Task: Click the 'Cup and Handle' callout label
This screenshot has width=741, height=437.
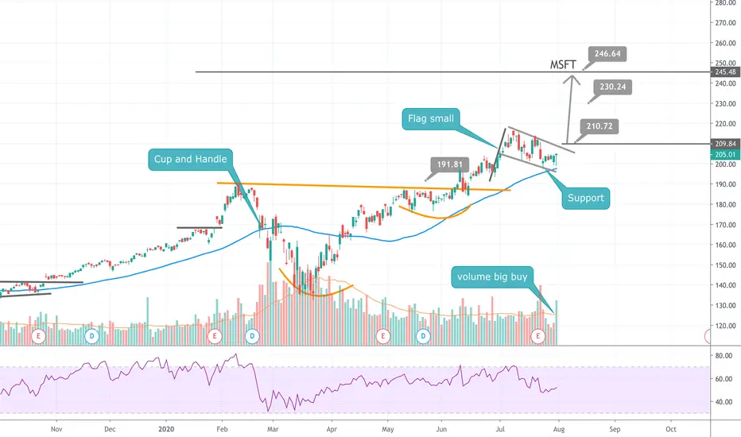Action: [x=191, y=159]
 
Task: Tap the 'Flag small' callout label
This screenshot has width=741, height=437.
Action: [x=430, y=118]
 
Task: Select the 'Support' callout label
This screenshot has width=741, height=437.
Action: [x=585, y=198]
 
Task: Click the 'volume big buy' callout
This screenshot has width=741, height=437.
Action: [x=492, y=277]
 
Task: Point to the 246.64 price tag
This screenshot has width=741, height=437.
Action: [x=607, y=54]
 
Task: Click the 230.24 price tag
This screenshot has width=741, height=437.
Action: [x=612, y=87]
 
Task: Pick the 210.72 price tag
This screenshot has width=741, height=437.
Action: [x=599, y=126]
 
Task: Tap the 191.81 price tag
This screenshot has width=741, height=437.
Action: [x=449, y=164]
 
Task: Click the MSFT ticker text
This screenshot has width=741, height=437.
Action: [x=563, y=64]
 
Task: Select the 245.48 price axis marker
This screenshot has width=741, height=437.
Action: [x=725, y=72]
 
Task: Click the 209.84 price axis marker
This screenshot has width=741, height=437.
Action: [x=725, y=144]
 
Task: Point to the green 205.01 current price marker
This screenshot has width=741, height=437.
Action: [x=725, y=154]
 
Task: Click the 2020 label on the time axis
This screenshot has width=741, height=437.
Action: [x=166, y=429]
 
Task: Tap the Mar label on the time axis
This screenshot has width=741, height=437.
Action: [x=273, y=429]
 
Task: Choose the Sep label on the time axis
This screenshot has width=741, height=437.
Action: [x=615, y=429]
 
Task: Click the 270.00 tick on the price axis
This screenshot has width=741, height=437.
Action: [x=725, y=23]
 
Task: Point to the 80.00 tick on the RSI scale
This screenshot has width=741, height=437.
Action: [x=724, y=356]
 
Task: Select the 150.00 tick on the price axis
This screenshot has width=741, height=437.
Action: [x=725, y=265]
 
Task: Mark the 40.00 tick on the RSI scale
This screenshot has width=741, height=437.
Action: [x=724, y=402]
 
